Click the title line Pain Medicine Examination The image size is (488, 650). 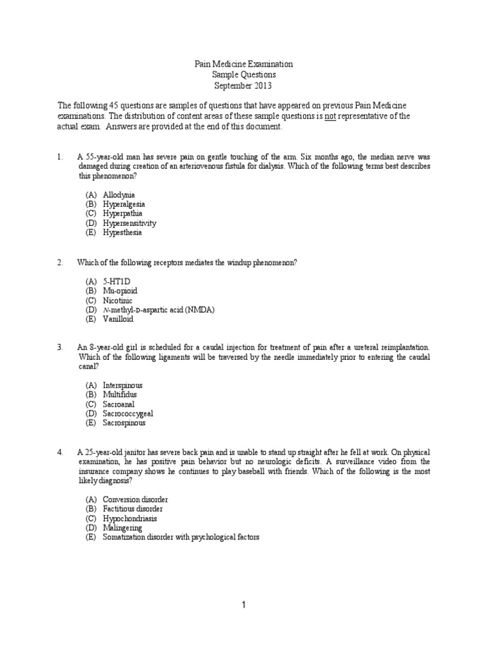pyautogui.click(x=243, y=64)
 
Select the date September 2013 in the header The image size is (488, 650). pyautogui.click(x=243, y=85)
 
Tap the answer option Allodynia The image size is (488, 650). pyautogui.click(x=119, y=194)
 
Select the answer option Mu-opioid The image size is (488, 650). pyautogui.click(x=120, y=290)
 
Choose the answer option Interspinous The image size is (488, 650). pyautogui.click(x=123, y=385)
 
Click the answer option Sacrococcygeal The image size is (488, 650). pyautogui.click(x=128, y=413)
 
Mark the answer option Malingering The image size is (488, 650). pyautogui.click(x=123, y=527)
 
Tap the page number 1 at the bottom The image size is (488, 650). pyautogui.click(x=243, y=606)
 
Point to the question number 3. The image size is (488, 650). pyautogui.click(x=60, y=347)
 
